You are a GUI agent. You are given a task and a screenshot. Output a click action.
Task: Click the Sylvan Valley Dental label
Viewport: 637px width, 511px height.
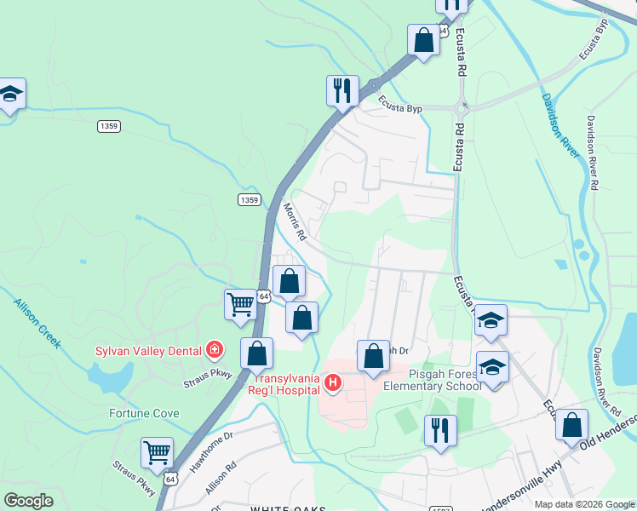(x=146, y=350)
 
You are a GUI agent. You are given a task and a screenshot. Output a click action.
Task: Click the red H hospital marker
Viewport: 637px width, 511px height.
(x=333, y=385)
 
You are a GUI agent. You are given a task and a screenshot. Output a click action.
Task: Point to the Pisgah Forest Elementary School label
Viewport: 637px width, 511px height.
(x=433, y=379)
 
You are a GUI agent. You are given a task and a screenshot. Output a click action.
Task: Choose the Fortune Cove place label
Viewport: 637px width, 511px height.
(x=144, y=414)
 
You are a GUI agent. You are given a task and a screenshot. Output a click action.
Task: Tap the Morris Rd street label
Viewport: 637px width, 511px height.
(x=294, y=220)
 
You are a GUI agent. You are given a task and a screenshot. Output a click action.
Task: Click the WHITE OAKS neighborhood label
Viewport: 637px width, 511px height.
(x=288, y=508)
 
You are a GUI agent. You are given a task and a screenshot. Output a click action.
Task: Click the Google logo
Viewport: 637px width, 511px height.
(x=28, y=501)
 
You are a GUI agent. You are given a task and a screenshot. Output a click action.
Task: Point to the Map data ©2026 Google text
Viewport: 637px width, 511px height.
(x=583, y=504)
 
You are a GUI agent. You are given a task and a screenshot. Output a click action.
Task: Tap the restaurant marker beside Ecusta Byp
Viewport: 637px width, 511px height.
(x=341, y=91)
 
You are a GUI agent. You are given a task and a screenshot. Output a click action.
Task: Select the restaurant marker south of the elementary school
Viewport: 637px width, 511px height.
(x=440, y=430)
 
